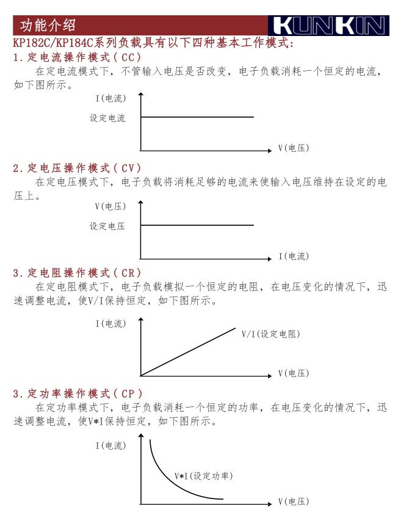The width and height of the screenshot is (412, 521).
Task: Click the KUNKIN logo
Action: click(x=328, y=26)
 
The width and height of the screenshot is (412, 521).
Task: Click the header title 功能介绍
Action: click(x=48, y=26)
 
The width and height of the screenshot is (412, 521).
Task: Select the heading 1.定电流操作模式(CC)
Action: click(x=77, y=57)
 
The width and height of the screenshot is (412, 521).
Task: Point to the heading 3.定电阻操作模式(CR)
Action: click(x=77, y=273)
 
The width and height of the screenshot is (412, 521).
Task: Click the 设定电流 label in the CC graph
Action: click(x=107, y=118)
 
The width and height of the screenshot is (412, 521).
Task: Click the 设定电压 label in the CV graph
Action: click(x=107, y=226)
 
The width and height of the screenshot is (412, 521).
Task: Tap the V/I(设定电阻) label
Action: click(x=270, y=334)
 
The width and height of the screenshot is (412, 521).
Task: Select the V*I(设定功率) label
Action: click(x=204, y=475)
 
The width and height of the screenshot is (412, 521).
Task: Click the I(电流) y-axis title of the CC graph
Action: click(x=111, y=99)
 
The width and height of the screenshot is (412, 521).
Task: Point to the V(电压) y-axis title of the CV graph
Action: click(x=110, y=207)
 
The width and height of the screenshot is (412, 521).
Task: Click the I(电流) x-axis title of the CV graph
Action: click(x=294, y=256)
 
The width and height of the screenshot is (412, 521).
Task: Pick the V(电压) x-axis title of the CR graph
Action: click(x=294, y=373)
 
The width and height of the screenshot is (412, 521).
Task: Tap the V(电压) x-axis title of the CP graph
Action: click(x=294, y=501)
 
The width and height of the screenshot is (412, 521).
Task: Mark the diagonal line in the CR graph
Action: click(x=188, y=352)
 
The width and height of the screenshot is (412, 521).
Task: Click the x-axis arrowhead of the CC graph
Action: click(x=269, y=150)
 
